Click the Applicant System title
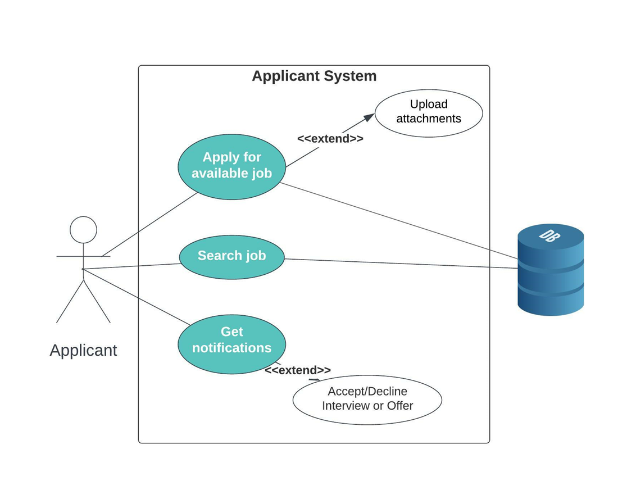pos(314,76)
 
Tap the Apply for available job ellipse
pos(231,166)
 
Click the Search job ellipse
pos(231,256)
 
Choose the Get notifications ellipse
pos(231,343)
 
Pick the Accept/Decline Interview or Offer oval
pos(367,399)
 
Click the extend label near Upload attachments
pos(330,139)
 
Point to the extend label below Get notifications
pos(297,370)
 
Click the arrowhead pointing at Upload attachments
pos(369,117)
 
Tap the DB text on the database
pos(549,235)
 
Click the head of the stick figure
pos(83,230)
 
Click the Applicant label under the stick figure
pos(83,350)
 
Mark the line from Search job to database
pos(399,264)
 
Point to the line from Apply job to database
pos(399,220)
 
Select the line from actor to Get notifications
pos(135,296)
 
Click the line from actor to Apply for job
pos(149,225)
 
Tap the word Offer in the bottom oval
pos(399,406)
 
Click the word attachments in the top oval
pos(429,119)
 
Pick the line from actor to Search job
pos(132,266)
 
